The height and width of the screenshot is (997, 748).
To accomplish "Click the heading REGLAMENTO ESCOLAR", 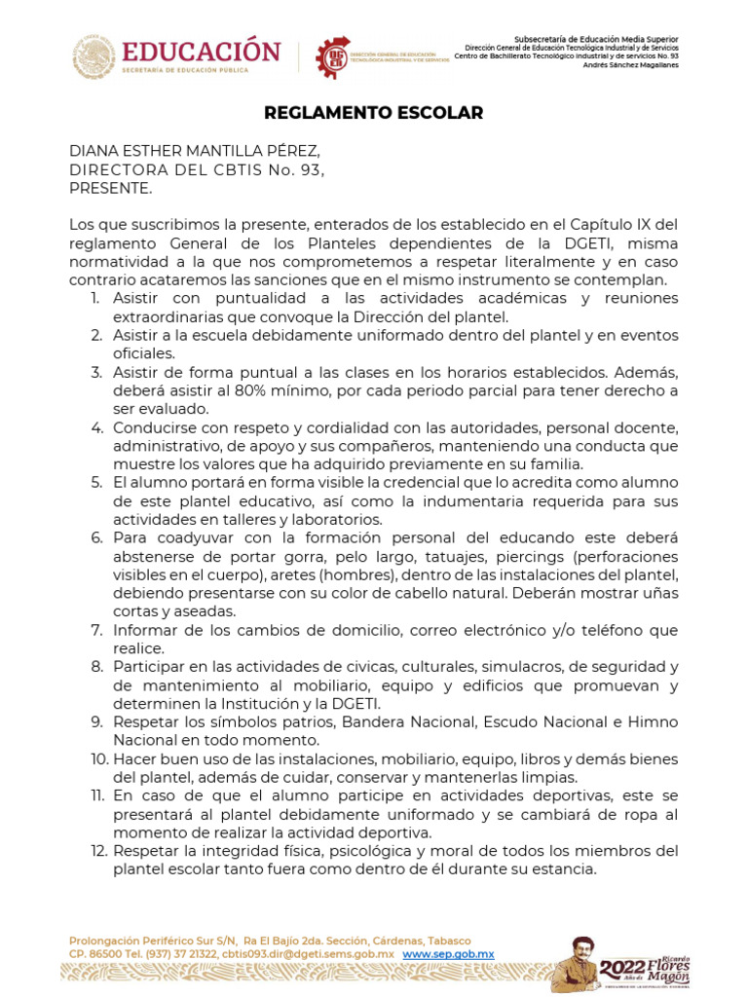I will tap(374, 113).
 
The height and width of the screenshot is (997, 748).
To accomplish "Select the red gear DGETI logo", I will tap(333, 56).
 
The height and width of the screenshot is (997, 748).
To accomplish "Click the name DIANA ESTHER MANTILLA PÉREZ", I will tap(194, 151).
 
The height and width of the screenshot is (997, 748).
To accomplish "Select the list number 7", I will tap(97, 630).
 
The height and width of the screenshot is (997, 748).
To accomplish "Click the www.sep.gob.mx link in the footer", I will tap(448, 955).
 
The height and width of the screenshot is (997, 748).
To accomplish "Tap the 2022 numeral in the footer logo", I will tap(621, 967).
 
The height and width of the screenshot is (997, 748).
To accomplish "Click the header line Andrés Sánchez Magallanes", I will tap(637, 65).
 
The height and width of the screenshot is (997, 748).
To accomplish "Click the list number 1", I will tap(97, 298).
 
